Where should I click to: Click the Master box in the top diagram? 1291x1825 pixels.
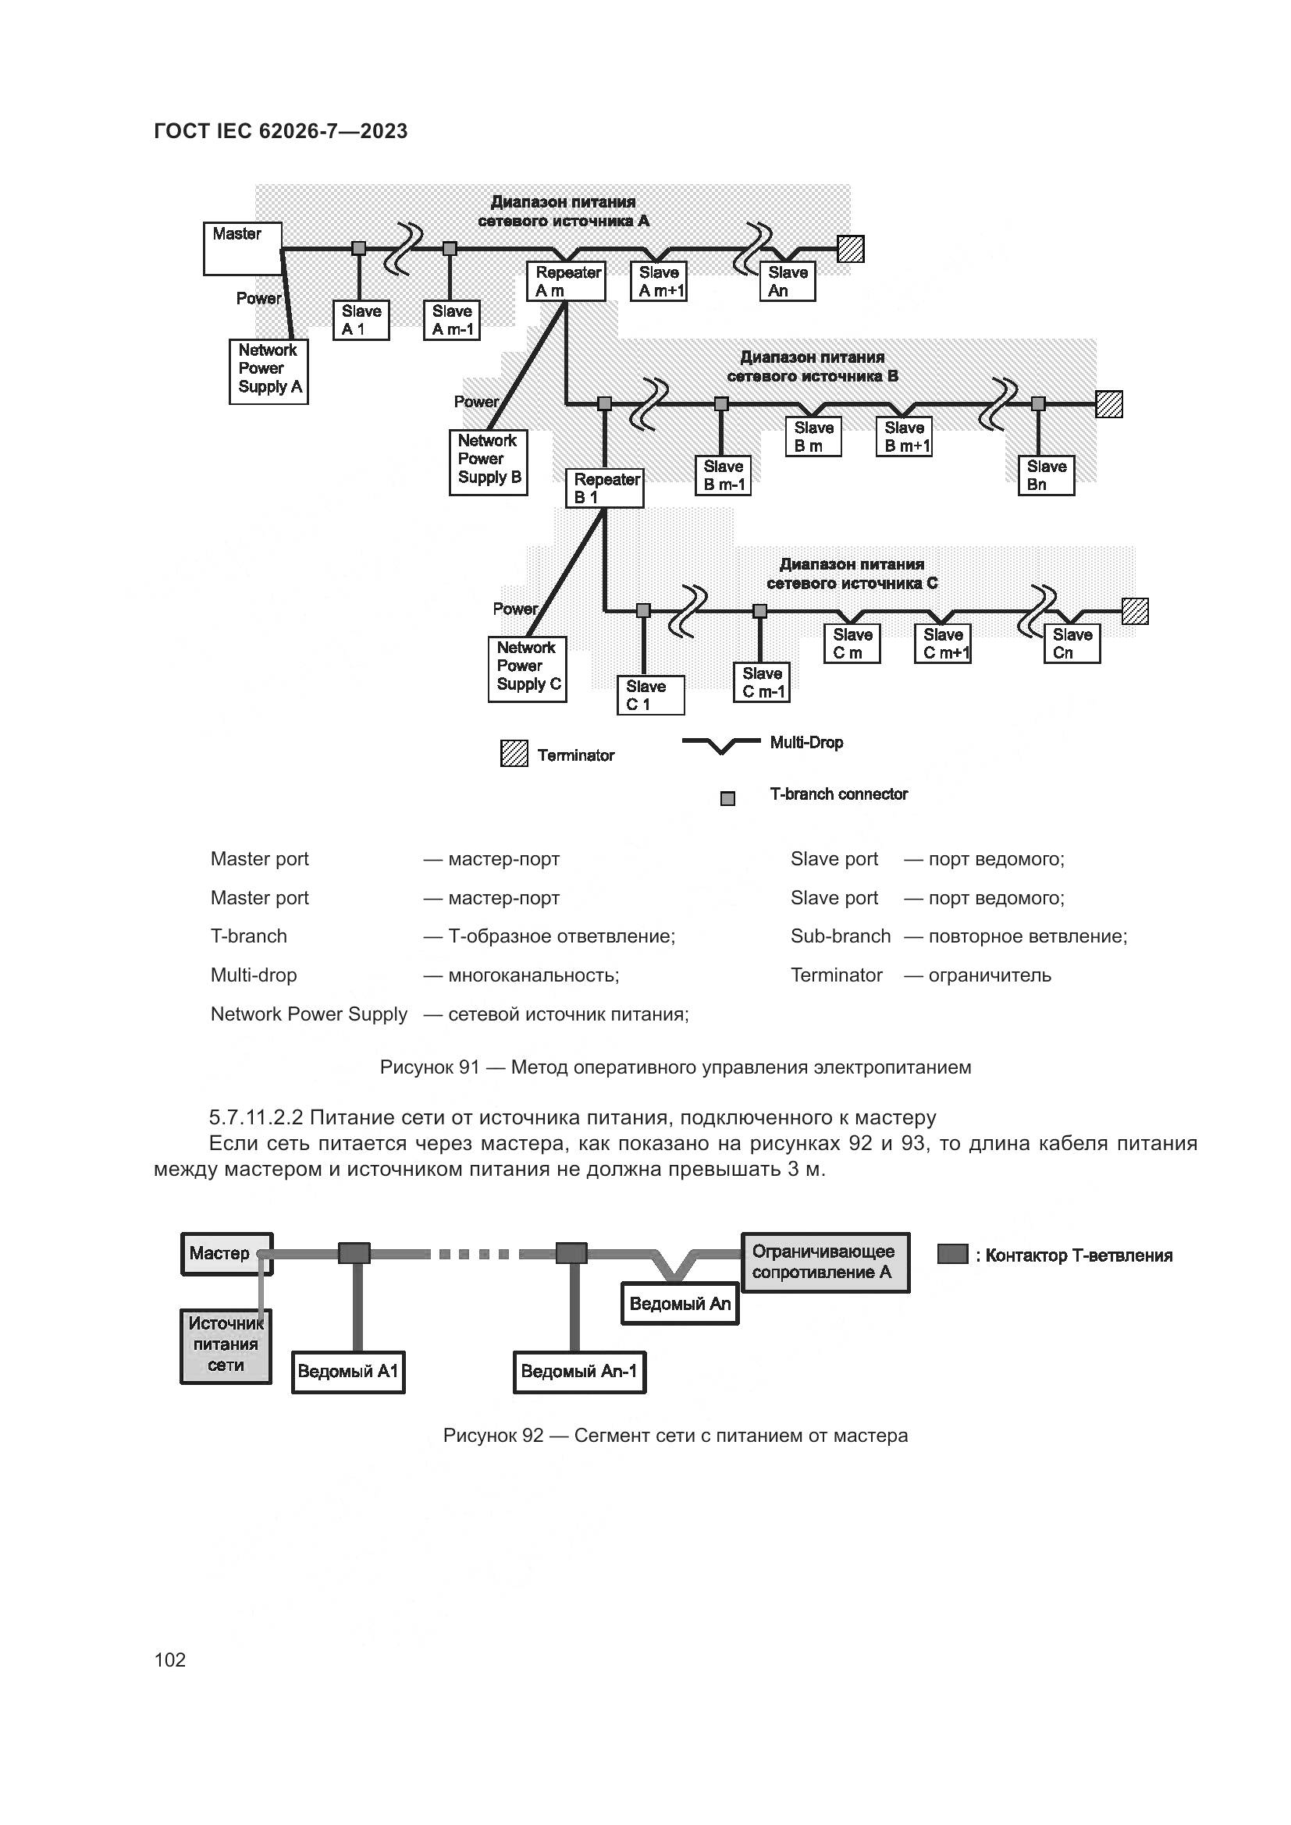(x=243, y=249)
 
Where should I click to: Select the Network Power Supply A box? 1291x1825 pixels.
(x=269, y=371)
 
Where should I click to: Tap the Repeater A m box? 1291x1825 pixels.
(x=566, y=282)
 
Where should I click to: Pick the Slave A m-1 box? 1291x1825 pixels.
(x=451, y=321)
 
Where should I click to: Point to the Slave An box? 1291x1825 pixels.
(x=787, y=282)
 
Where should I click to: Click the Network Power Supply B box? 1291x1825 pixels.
(x=488, y=462)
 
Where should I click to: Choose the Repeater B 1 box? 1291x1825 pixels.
(x=604, y=488)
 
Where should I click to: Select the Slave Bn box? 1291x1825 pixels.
(x=1046, y=475)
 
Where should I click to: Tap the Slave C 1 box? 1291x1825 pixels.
(x=650, y=695)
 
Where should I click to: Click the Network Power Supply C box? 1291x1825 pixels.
(x=527, y=669)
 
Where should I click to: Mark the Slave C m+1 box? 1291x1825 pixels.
(x=943, y=644)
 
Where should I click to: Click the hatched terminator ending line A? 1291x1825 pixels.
(x=851, y=250)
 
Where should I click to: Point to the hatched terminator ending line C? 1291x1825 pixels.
(x=1134, y=611)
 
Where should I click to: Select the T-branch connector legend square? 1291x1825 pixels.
(x=727, y=799)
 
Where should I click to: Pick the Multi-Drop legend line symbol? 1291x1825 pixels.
(x=720, y=745)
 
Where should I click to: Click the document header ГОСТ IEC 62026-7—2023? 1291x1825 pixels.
(x=281, y=131)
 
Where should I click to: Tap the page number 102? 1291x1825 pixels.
(x=170, y=1660)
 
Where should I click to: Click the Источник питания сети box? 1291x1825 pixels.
(x=226, y=1347)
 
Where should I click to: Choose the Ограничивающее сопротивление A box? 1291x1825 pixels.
(x=825, y=1262)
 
